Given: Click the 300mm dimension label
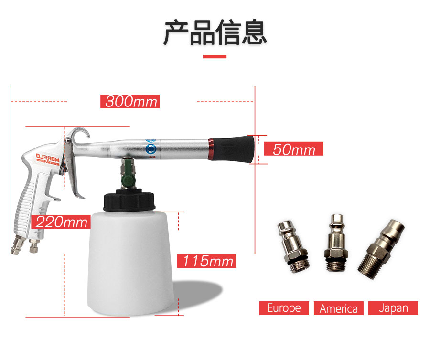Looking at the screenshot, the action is tap(130, 101).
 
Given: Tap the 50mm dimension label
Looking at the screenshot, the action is tap(294, 149).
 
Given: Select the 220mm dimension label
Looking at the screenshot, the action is tap(61, 222).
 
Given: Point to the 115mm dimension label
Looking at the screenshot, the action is tap(206, 261).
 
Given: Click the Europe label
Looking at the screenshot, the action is tap(284, 308).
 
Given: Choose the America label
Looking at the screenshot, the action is tap(339, 308).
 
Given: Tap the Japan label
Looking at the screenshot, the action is tap(393, 308).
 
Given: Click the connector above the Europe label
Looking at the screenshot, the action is tap(292, 246).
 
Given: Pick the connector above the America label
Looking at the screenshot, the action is tap(336, 243).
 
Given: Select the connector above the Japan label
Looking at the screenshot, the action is tap(381, 249).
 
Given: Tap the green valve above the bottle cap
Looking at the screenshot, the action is tap(127, 173).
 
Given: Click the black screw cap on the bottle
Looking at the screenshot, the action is tap(129, 200).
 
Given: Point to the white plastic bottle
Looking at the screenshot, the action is tap(130, 263).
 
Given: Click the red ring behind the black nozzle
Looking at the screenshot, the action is tap(211, 149).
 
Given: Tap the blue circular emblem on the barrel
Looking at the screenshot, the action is tap(150, 149).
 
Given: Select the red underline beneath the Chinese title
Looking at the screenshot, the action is tap(215, 56).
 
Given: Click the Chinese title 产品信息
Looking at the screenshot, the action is tap(215, 32).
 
